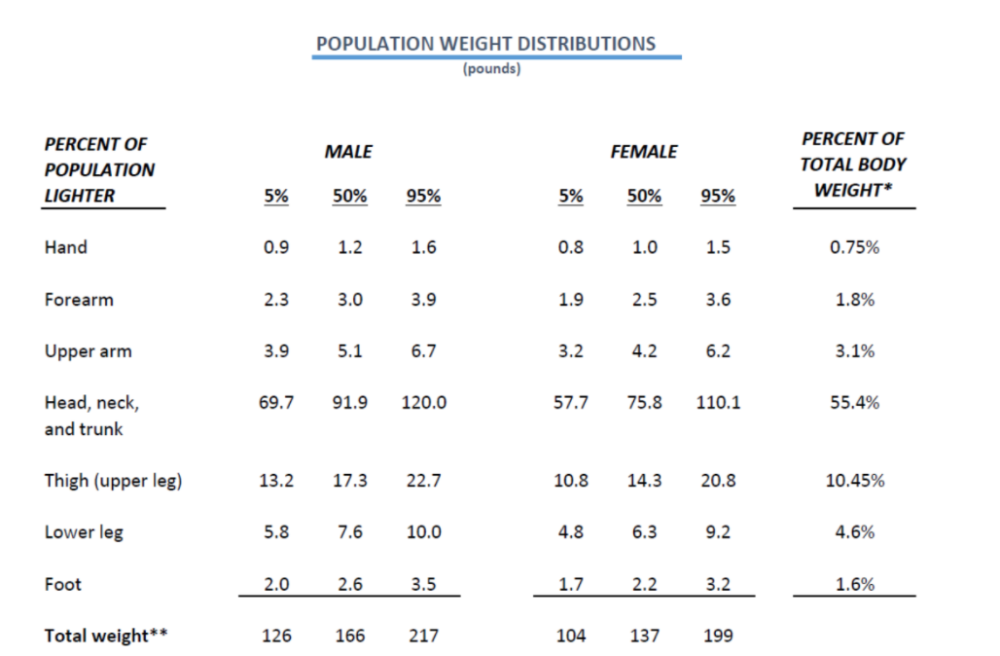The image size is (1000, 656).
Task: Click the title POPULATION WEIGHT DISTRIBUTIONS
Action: [485, 44]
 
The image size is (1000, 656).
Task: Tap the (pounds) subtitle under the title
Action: [491, 69]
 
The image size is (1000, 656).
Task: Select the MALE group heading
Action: [348, 152]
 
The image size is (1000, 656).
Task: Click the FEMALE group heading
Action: [643, 152]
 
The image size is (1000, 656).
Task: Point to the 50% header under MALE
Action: [350, 196]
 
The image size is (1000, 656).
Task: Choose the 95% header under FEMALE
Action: [718, 196]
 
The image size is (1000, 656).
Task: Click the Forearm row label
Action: [79, 300]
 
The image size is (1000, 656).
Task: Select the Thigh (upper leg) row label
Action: [113, 481]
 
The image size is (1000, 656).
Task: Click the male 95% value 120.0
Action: [423, 402]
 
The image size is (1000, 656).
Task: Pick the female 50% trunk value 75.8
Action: [644, 402]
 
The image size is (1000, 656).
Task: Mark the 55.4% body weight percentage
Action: [854, 402]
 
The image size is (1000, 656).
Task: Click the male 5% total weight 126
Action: [277, 636]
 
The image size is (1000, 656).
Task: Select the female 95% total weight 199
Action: [718, 636]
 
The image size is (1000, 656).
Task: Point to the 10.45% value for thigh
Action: [854, 481]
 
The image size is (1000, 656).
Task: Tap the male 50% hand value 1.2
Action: [350, 247]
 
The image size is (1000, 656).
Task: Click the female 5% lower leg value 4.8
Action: [571, 532]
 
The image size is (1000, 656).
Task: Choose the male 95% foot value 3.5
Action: [423, 584]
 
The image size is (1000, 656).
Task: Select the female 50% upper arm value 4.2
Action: [644, 351]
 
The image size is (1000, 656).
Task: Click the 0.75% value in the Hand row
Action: [854, 247]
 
